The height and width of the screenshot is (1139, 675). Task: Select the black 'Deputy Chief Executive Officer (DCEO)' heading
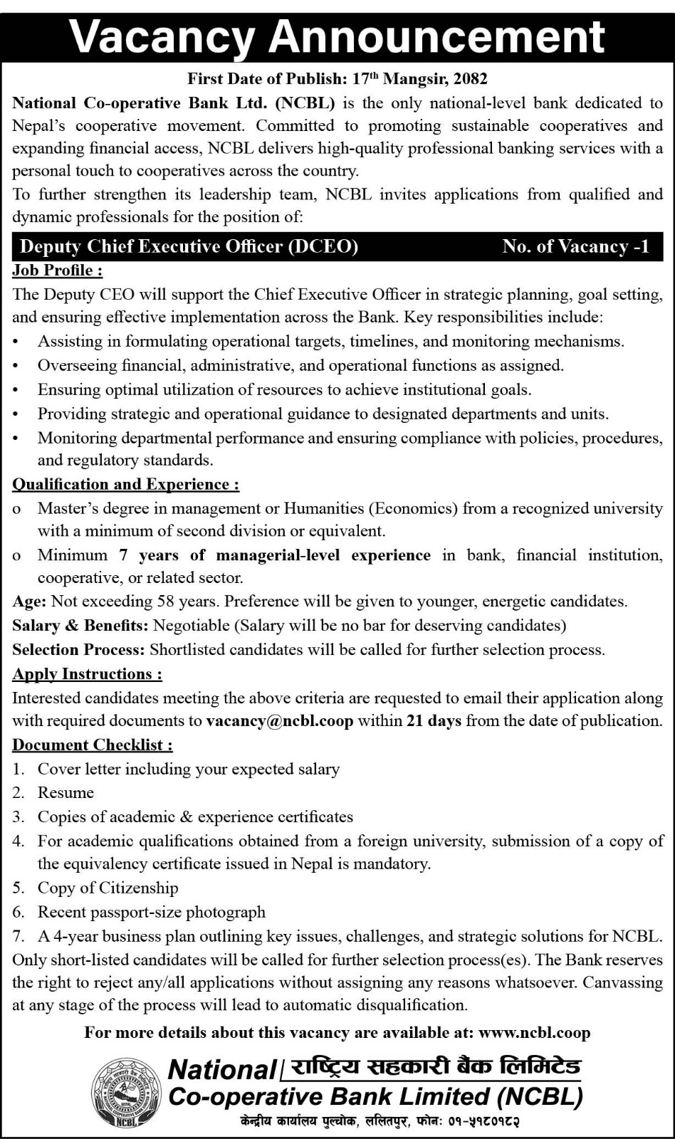[x=189, y=246]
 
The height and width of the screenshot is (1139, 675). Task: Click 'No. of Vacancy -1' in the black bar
[x=575, y=246]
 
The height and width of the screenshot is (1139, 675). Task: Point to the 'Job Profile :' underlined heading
[x=58, y=271]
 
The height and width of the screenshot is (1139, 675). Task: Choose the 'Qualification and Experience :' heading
[x=126, y=485]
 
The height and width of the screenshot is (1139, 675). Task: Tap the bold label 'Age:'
[x=29, y=602]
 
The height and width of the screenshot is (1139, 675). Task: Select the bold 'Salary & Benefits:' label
[x=80, y=626]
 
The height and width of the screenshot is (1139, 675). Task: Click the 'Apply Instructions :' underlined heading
[x=87, y=674]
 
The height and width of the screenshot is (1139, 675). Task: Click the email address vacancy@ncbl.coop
[x=280, y=721]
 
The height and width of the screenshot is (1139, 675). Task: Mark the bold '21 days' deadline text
[x=434, y=721]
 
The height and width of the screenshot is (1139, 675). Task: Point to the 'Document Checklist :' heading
[x=93, y=745]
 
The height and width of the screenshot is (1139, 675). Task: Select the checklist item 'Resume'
[x=66, y=793]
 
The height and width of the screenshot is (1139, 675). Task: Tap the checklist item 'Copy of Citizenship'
[x=108, y=888]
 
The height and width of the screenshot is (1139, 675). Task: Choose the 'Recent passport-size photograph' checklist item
[x=151, y=913]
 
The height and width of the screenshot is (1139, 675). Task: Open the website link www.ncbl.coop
[x=535, y=1033]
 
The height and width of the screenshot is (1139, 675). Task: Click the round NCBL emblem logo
[x=125, y=1093]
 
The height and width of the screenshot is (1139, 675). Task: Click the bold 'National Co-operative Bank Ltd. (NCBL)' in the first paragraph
[x=174, y=103]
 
